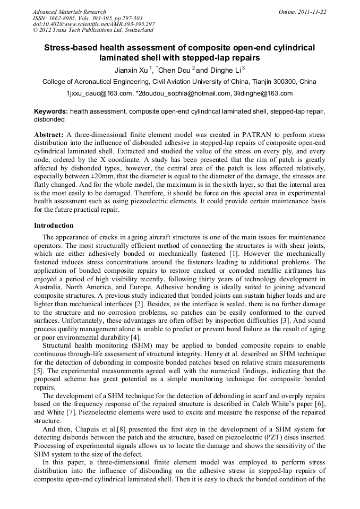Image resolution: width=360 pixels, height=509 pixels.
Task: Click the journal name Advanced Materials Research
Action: coord(69,12)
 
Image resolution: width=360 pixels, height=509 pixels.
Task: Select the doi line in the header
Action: coord(93,24)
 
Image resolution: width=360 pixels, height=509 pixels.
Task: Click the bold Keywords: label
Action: coord(51,112)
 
